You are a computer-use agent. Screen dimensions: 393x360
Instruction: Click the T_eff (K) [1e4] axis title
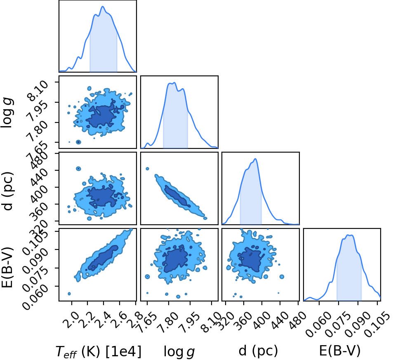pyautogui.click(x=99, y=351)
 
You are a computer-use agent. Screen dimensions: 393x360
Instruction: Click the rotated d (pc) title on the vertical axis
pyautogui.click(x=8, y=191)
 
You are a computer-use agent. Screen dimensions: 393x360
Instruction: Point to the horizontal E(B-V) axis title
pyautogui.click(x=340, y=351)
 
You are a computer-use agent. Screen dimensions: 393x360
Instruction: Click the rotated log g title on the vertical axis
pyautogui.click(x=7, y=113)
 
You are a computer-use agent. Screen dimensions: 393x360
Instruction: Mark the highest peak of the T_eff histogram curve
pyautogui.click(x=103, y=7)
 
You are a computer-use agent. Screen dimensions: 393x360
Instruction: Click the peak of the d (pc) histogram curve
pyautogui.click(x=255, y=159)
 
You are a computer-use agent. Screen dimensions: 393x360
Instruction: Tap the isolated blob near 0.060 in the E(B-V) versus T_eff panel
pyautogui.click(x=69, y=294)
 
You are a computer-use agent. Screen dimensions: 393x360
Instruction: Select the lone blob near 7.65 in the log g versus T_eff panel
pyautogui.click(x=78, y=142)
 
